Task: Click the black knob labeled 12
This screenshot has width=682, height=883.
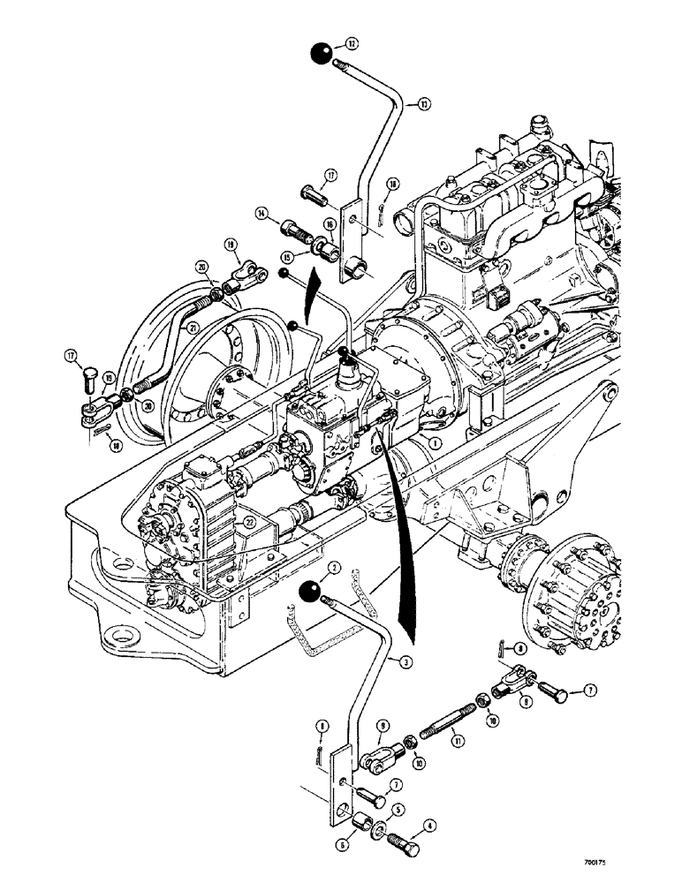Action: pyautogui.click(x=321, y=54)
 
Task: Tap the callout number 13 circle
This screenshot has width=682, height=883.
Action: pyautogui.click(x=424, y=104)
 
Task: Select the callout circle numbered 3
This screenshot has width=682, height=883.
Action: pyautogui.click(x=405, y=661)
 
